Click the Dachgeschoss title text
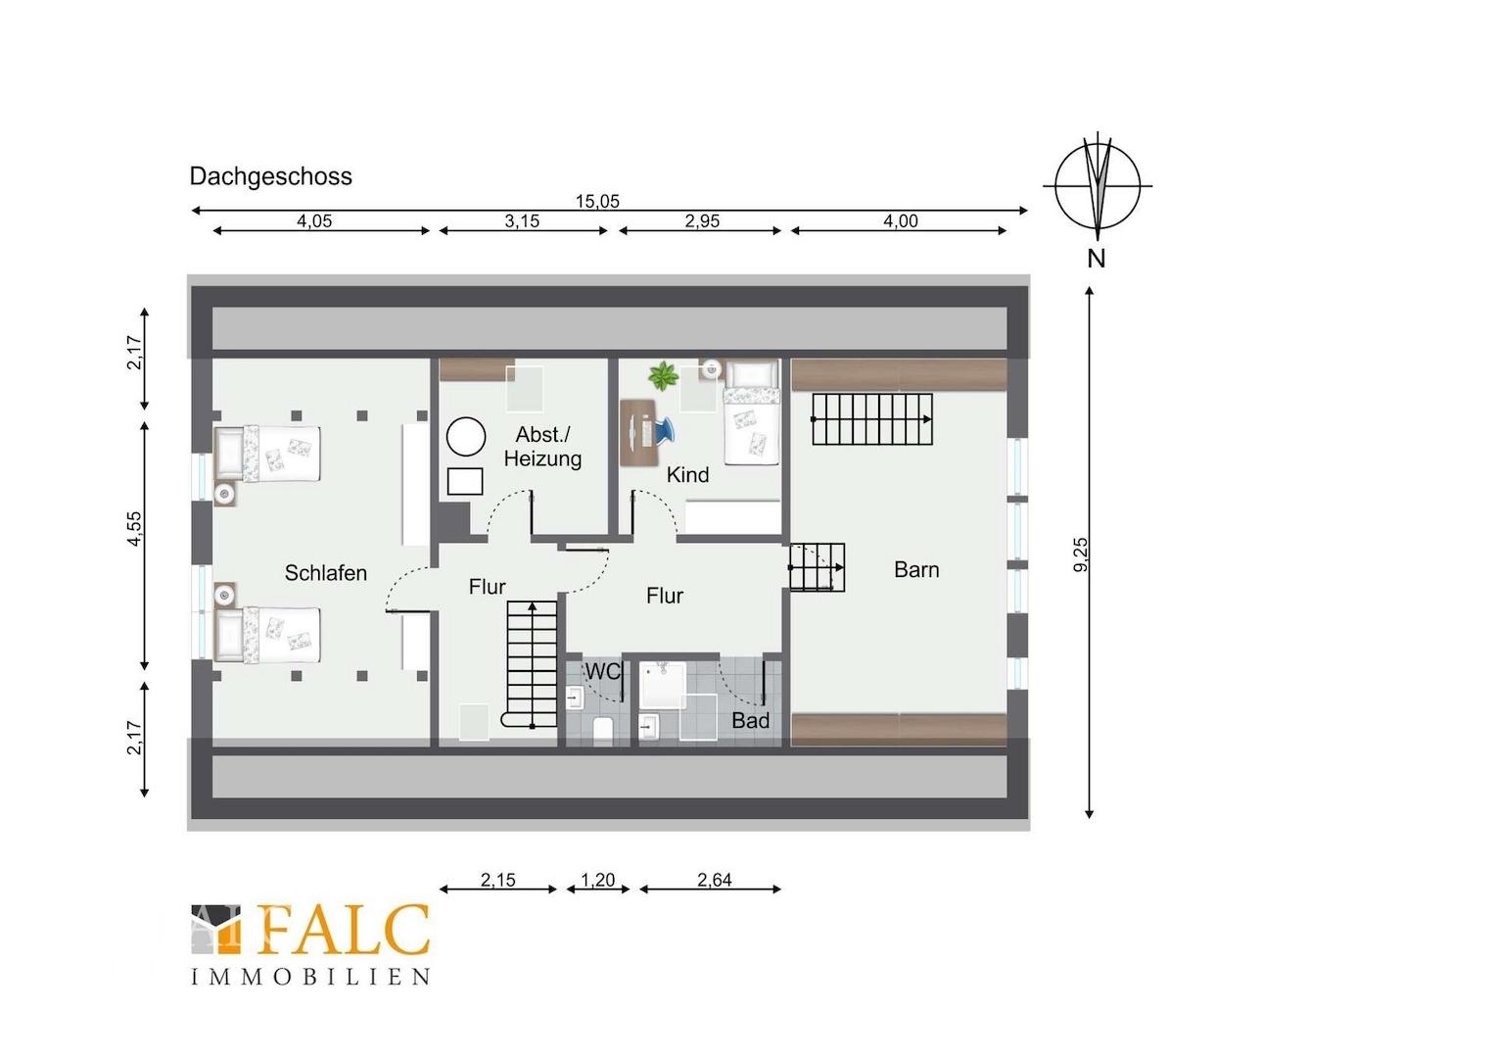click(270, 176)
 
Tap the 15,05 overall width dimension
click(598, 201)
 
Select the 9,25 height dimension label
click(1081, 554)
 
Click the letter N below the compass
click(1097, 258)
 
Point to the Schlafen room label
click(326, 573)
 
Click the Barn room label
click(916, 569)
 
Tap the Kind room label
click(687, 474)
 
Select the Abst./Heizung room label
click(542, 447)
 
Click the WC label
click(602, 671)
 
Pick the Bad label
click(750, 720)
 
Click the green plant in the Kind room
click(663, 375)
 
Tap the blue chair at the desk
click(664, 430)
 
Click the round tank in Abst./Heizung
click(465, 437)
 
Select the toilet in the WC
click(603, 730)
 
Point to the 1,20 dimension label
click(598, 880)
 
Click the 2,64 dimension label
click(714, 880)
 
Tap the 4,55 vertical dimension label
click(135, 529)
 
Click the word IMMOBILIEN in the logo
click(310, 977)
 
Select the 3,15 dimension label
click(522, 220)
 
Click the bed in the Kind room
click(751, 412)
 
